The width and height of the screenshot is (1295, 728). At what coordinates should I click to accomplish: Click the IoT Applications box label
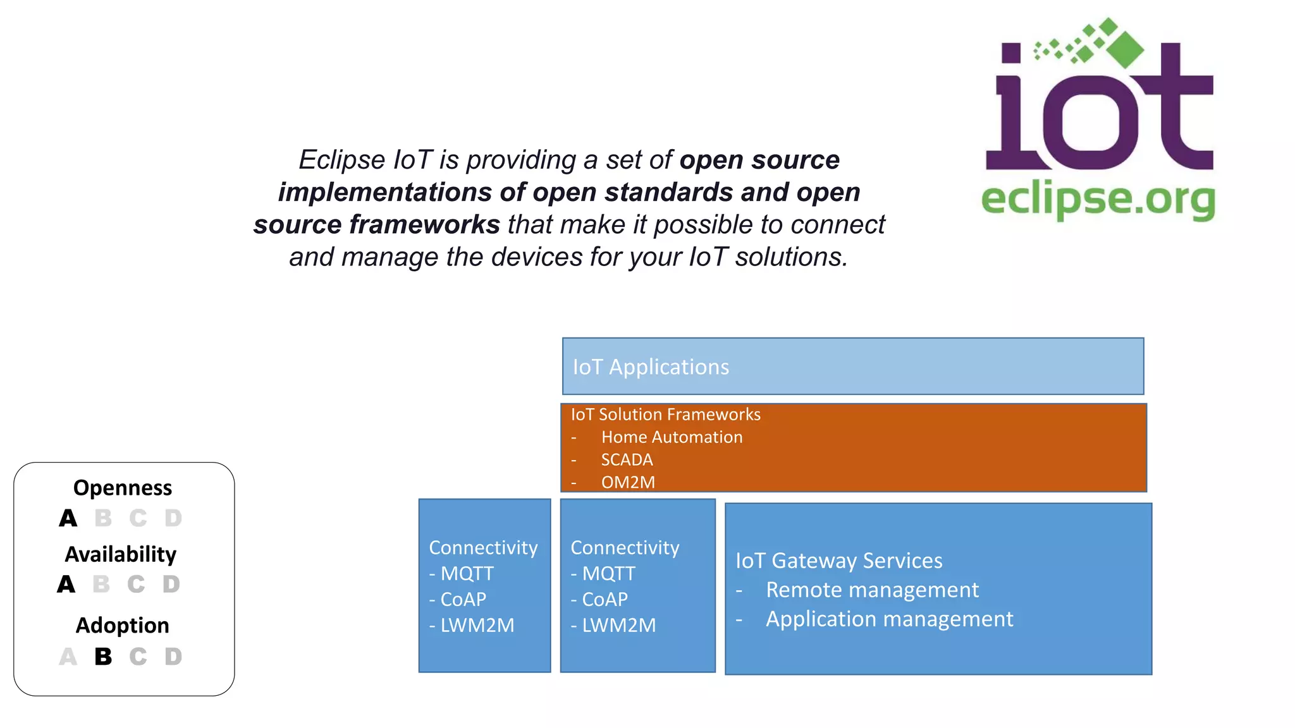point(651,367)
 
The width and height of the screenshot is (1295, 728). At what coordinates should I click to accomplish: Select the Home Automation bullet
point(672,437)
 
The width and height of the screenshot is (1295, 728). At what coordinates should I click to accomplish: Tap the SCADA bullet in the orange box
point(627,460)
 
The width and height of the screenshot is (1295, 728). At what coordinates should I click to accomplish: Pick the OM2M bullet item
point(628,483)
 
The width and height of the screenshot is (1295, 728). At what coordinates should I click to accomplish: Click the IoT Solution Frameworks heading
point(665,415)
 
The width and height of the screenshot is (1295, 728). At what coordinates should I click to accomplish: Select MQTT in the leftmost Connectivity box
point(467,574)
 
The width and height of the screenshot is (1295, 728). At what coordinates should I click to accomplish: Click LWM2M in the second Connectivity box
point(618,626)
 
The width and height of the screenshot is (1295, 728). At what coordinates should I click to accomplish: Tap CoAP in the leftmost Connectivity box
point(463,600)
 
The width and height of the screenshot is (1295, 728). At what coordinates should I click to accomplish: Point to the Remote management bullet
point(872,590)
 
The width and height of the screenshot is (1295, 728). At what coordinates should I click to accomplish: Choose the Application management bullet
point(889,619)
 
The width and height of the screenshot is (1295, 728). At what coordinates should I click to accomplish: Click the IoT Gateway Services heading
point(838,561)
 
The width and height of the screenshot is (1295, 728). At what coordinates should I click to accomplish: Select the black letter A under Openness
point(68,519)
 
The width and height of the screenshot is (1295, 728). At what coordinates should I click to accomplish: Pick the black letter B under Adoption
point(103,657)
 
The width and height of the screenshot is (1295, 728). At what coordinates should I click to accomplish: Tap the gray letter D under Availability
point(171,585)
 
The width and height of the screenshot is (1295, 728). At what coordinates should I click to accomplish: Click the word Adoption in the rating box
point(123,626)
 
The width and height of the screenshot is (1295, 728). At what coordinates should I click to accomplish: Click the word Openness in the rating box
point(123,488)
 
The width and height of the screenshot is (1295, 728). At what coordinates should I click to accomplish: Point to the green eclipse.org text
point(1098,200)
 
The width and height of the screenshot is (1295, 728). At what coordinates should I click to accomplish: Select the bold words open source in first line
point(759,161)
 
